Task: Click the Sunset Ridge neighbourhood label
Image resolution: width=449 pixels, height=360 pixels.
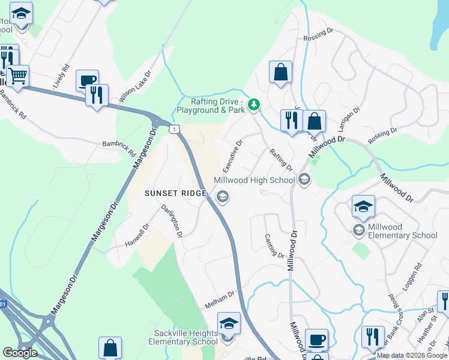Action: (x=175, y=193)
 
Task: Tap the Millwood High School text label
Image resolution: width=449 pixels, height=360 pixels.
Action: (x=255, y=180)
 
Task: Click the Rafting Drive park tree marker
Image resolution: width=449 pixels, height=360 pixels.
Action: (x=254, y=106)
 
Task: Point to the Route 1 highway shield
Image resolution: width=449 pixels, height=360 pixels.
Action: (x=174, y=129)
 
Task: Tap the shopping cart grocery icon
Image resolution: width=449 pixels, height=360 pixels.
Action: (x=18, y=76)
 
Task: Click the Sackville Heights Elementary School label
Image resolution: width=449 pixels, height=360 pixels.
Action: (x=183, y=337)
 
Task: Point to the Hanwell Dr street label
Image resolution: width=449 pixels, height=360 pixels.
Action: (x=137, y=238)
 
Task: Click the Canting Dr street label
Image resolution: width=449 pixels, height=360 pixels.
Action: (x=274, y=246)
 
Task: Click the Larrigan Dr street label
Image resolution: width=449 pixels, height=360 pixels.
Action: (x=348, y=119)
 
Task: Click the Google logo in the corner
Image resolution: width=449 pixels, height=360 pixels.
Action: (x=20, y=353)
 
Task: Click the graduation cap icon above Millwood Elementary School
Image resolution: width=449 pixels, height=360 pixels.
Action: (x=363, y=206)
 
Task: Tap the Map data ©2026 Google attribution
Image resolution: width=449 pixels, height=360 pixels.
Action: (x=412, y=355)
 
